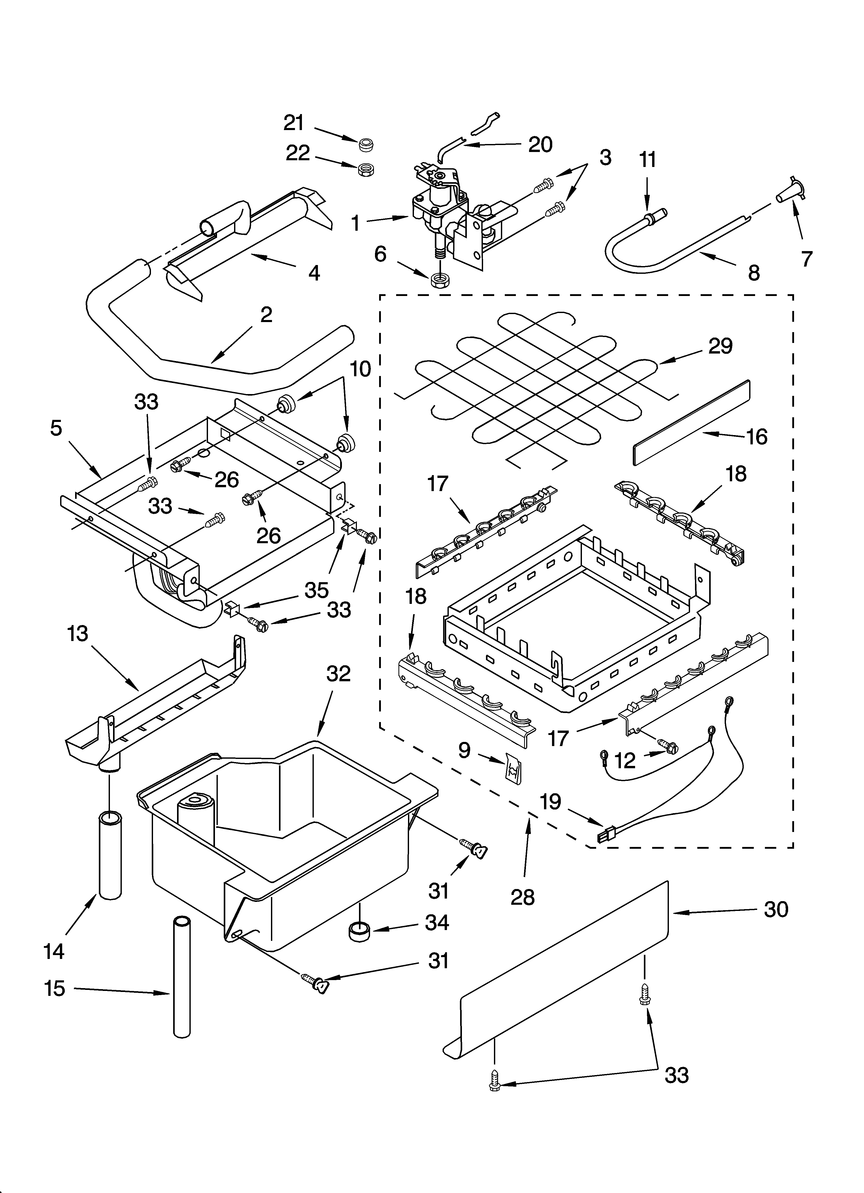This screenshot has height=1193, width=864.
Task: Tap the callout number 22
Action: coord(298,154)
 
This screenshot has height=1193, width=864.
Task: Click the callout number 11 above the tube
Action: coord(648,159)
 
